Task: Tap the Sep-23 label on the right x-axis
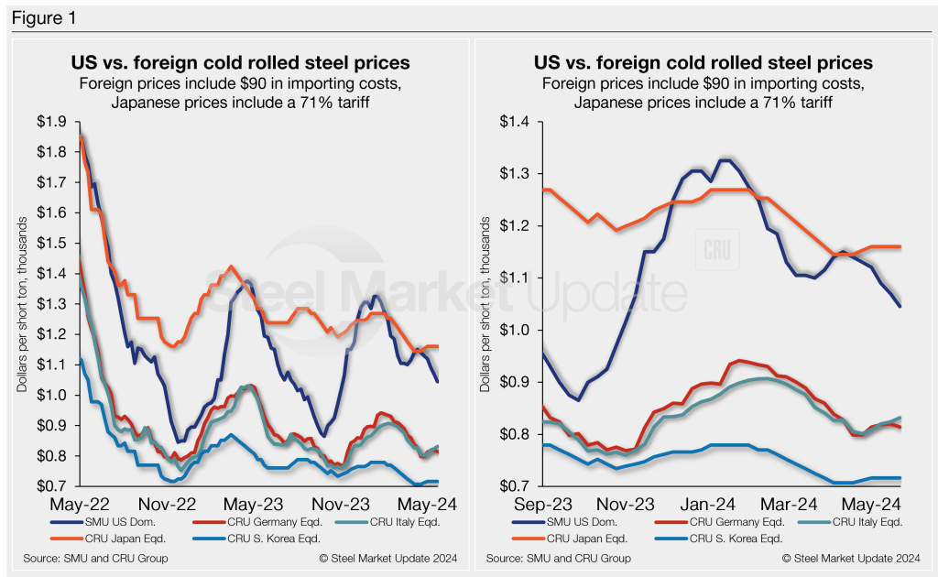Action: pos(517,505)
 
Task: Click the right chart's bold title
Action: pos(703,63)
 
